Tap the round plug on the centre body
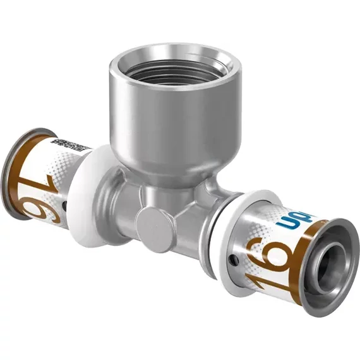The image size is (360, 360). pyautogui.click(x=152, y=222)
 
